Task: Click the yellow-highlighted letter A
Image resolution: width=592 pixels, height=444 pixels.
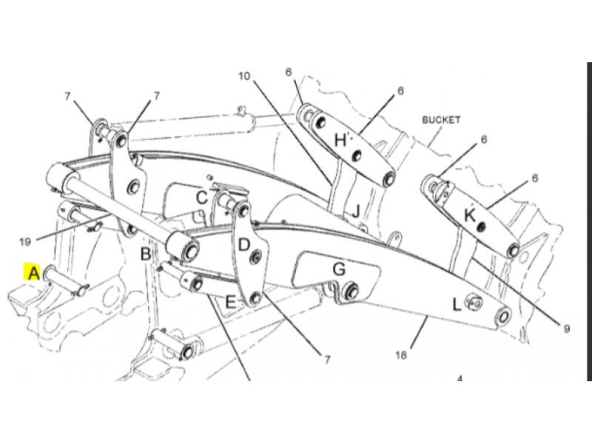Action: click(34, 272)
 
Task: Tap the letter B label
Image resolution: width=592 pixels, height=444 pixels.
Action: click(146, 254)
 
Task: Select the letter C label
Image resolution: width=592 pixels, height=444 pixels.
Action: click(202, 198)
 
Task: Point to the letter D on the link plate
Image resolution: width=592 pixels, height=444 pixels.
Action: click(244, 246)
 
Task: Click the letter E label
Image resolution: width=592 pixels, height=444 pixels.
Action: click(230, 303)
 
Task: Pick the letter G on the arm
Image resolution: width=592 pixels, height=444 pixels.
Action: click(339, 269)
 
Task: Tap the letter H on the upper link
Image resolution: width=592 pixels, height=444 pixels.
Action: click(340, 141)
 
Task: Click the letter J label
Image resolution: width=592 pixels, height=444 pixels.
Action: click(356, 212)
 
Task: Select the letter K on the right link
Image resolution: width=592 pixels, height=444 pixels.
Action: click(470, 216)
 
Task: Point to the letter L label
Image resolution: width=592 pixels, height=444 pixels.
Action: click(457, 304)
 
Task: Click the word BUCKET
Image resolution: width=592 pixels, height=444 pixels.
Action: click(441, 120)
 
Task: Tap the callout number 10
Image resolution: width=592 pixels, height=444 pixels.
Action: click(244, 76)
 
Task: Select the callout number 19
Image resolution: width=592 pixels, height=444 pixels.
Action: click(25, 242)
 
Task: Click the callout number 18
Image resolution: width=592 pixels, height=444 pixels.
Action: click(401, 355)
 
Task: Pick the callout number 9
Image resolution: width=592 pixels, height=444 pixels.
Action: click(566, 329)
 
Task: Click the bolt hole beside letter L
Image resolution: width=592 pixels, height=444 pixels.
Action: click(474, 302)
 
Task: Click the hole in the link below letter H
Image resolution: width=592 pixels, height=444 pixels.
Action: click(356, 155)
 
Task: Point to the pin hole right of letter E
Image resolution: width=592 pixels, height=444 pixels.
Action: click(255, 298)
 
